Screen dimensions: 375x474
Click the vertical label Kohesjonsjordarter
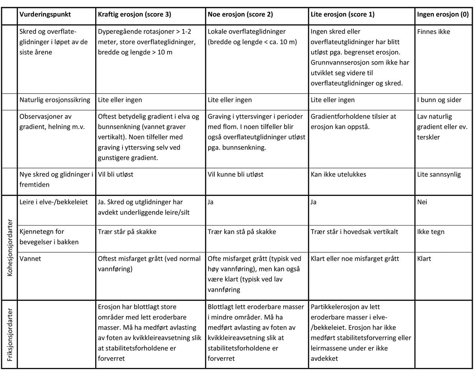(x=9, y=247)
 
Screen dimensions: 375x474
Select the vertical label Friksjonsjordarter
(x=9, y=334)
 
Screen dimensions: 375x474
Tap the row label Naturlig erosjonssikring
(x=55, y=100)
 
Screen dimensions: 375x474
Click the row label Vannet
(x=30, y=259)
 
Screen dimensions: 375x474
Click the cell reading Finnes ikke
(x=433, y=32)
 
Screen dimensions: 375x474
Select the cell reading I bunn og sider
(x=439, y=100)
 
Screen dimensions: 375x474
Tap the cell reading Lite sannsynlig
(x=438, y=174)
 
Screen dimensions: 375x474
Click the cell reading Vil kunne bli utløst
(x=235, y=174)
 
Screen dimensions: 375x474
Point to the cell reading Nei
(x=422, y=202)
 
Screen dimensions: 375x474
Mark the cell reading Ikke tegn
(x=431, y=232)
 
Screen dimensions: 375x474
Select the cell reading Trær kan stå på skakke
(x=241, y=232)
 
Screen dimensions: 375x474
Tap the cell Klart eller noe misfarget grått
(x=355, y=259)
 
